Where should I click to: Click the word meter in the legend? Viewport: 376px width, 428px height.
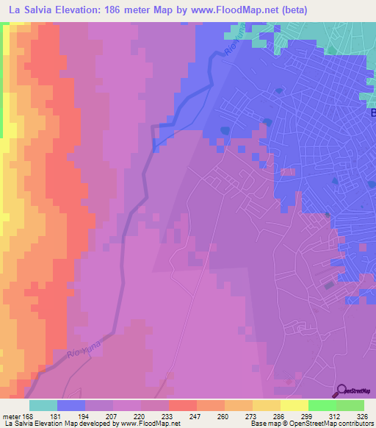pyautogui.click(x=12, y=415)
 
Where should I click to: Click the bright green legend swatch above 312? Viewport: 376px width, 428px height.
pyautogui.click(x=322, y=405)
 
